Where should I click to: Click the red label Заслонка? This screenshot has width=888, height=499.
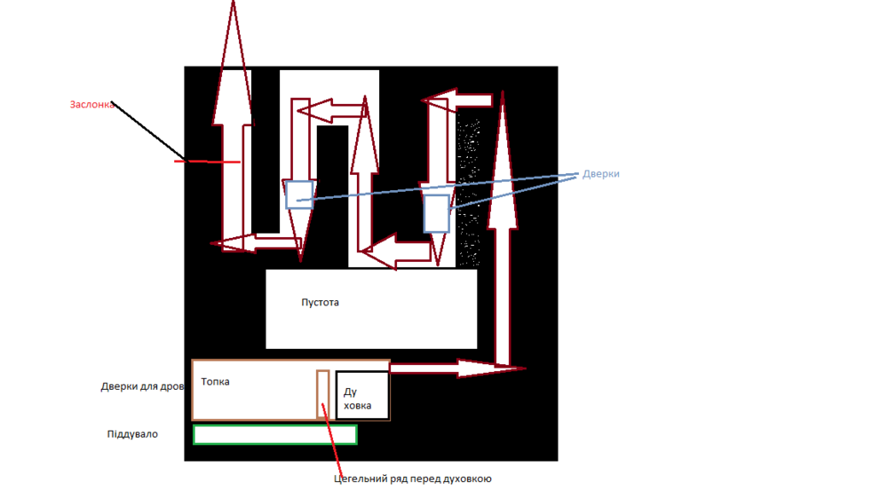click(91, 105)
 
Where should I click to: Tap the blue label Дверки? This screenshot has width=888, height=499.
click(601, 174)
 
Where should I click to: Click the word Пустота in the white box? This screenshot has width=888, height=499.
click(320, 303)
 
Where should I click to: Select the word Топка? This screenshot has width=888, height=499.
click(215, 382)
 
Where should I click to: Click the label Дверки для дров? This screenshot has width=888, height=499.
click(142, 387)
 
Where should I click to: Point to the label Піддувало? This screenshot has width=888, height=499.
click(132, 434)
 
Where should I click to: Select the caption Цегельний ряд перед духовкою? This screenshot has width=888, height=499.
click(413, 479)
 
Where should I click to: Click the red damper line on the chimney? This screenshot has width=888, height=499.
click(207, 162)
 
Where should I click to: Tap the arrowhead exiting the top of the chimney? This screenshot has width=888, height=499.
click(233, 62)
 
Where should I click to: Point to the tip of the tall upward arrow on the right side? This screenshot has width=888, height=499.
click(503, 91)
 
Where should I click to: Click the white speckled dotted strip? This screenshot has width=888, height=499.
click(468, 190)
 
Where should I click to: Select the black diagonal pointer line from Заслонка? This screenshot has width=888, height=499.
click(148, 131)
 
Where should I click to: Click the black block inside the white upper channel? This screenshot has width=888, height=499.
click(332, 195)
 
